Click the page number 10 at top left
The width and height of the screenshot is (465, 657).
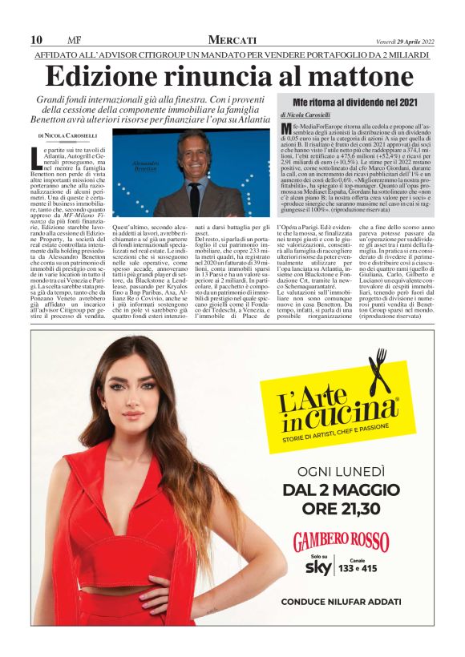(36, 39)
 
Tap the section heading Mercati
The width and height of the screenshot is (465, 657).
(232, 39)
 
